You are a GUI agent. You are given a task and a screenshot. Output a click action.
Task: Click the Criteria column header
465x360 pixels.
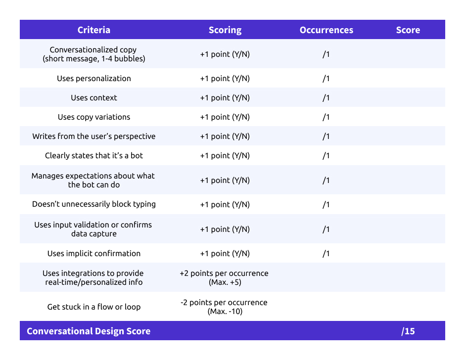coord(94,30)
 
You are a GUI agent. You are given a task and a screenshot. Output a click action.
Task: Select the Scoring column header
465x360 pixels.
coord(225,30)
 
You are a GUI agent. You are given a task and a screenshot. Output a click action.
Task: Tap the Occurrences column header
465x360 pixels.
coord(326,30)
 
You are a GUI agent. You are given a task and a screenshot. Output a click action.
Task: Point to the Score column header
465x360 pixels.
coord(408,30)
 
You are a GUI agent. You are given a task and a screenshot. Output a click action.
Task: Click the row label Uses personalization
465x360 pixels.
coord(94,79)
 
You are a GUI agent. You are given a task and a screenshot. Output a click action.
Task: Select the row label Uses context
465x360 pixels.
coord(94,98)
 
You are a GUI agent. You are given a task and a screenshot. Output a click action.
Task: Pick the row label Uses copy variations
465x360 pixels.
coord(94,117)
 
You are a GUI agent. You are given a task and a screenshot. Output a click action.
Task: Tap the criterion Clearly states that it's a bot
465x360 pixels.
coord(94,156)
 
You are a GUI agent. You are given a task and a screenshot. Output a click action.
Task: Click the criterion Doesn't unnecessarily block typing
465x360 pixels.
coord(94,204)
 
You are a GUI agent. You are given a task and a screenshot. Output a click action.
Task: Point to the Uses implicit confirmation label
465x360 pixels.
coord(94,254)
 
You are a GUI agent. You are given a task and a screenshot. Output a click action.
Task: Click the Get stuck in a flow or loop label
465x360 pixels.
coord(94,307)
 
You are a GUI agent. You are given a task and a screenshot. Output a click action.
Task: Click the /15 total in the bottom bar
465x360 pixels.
coord(408,331)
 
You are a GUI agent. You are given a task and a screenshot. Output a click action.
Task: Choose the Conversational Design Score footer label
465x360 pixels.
coord(89,331)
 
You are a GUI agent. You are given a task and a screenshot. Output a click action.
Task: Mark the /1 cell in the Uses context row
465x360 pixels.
coord(326,98)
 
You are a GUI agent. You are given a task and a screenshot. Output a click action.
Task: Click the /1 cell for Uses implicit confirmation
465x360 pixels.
coord(326,254)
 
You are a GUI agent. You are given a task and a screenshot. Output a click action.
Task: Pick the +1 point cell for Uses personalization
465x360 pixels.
coord(225,79)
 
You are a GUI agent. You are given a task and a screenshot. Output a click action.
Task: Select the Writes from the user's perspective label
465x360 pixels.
coord(94,136)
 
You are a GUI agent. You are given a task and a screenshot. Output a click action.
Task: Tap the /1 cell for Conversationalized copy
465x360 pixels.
coord(326,54)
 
